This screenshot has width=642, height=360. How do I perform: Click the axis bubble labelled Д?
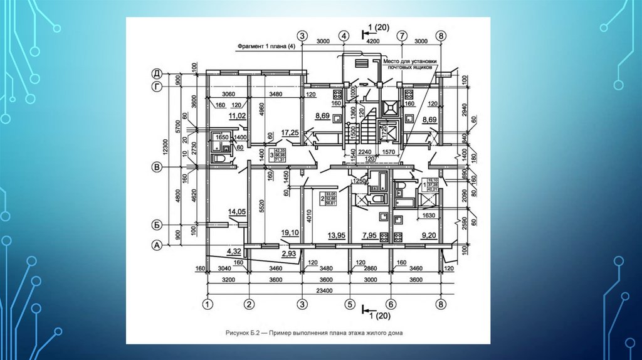coord(159,73)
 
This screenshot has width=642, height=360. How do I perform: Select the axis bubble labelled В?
coord(159,167)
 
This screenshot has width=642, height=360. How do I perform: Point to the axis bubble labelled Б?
coord(159,223)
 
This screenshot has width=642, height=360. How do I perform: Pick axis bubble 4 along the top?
coord(344,36)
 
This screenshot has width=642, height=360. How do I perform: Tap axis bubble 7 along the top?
coord(402,36)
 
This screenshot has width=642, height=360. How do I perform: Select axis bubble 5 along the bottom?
coord(349,305)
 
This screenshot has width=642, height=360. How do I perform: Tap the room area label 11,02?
coord(237,116)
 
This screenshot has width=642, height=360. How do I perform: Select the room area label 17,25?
coord(290,132)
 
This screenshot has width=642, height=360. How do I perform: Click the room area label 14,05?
coord(237,213)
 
